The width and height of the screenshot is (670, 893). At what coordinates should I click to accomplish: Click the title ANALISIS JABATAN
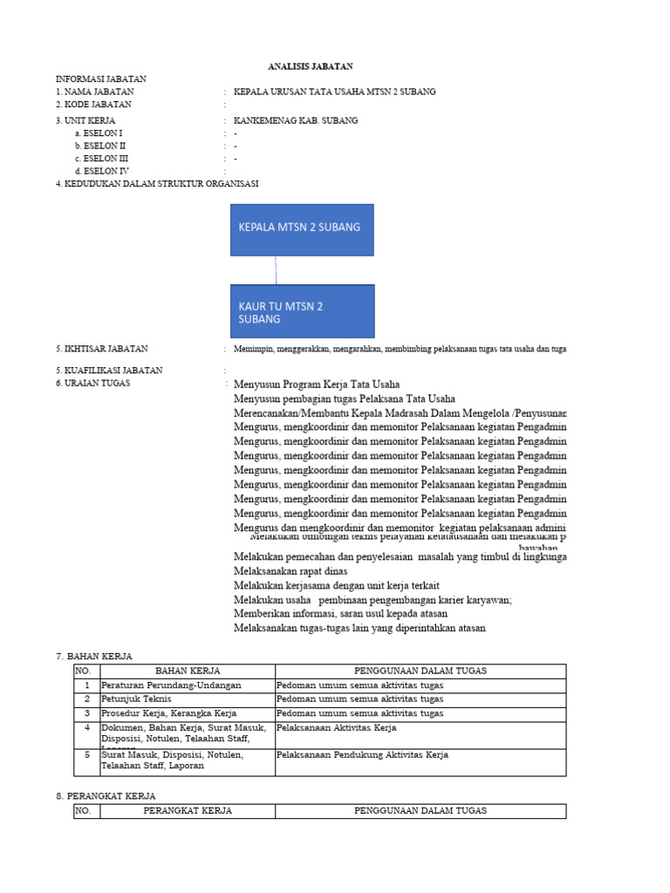pyautogui.click(x=310, y=66)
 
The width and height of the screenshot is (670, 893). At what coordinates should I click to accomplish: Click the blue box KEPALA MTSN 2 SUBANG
pyautogui.click(x=302, y=229)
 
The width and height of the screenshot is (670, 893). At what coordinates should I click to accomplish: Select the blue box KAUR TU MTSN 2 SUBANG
pyautogui.click(x=302, y=311)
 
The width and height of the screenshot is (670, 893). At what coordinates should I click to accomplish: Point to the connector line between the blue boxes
pyautogui.click(x=276, y=270)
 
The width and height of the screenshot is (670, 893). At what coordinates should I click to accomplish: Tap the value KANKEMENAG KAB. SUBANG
pyautogui.click(x=296, y=120)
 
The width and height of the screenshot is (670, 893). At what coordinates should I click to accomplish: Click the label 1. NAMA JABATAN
pyautogui.click(x=95, y=92)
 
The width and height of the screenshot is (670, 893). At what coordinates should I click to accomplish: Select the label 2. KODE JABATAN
pyautogui.click(x=93, y=104)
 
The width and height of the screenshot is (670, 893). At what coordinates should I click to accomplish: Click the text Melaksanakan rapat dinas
pyautogui.click(x=290, y=569)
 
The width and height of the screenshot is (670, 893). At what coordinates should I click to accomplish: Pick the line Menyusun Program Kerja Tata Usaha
pyautogui.click(x=317, y=384)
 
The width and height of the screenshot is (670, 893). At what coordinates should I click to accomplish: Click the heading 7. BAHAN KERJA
pyautogui.click(x=93, y=656)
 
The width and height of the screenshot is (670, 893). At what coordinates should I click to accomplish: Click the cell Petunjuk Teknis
pyautogui.click(x=137, y=699)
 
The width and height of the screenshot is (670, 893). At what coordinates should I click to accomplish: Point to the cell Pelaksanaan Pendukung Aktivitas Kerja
pyautogui.click(x=362, y=755)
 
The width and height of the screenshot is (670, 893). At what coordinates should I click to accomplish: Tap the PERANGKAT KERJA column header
pyautogui.click(x=188, y=811)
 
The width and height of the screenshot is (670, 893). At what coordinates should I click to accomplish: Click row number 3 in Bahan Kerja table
pyautogui.click(x=86, y=713)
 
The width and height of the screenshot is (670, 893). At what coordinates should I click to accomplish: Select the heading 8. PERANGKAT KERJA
pyautogui.click(x=106, y=795)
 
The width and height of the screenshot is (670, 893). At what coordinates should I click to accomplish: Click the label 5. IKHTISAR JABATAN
pyautogui.click(x=102, y=349)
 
